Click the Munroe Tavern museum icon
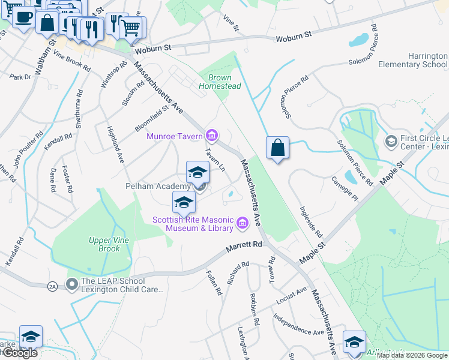pyautogui.click(x=211, y=134)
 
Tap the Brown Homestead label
pyautogui.click(x=224, y=82)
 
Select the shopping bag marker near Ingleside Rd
pyautogui.click(x=277, y=148)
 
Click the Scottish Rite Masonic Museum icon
pyautogui.click(x=243, y=223)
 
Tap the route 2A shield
pyautogui.click(x=52, y=286)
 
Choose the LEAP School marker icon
pyautogui.click(x=72, y=282)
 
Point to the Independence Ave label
pyautogui.click(x=298, y=324)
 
